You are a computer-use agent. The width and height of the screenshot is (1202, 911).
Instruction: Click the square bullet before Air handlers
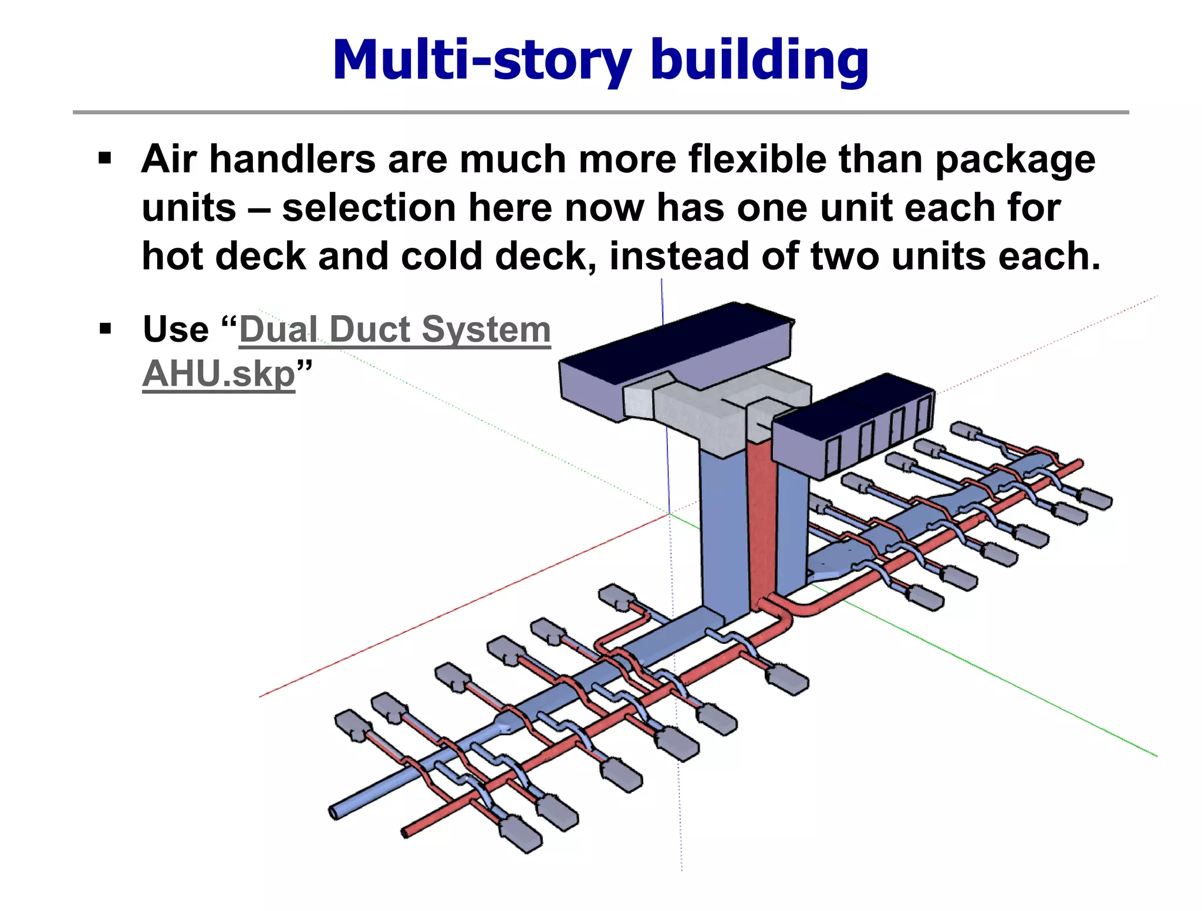coord(105,158)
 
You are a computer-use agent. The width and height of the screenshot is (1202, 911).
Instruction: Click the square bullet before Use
coord(105,328)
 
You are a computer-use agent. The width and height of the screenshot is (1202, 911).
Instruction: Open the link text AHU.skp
coord(218,374)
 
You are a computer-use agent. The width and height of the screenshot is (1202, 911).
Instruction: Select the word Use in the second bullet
coord(175,329)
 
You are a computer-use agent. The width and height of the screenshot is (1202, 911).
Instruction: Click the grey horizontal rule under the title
coord(600,112)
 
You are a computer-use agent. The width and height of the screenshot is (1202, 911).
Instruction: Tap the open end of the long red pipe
coord(406,832)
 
